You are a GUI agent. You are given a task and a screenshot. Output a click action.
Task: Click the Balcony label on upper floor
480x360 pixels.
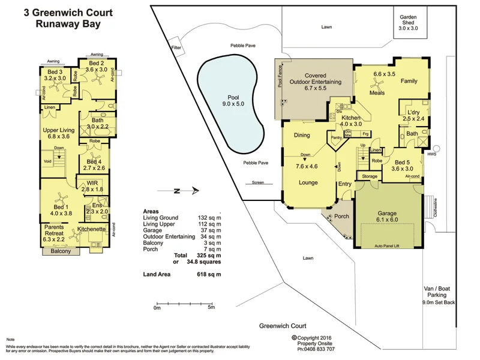point(60,251)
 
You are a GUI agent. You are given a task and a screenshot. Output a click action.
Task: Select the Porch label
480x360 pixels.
point(341,217)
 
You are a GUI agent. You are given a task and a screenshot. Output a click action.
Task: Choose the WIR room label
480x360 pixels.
point(92,182)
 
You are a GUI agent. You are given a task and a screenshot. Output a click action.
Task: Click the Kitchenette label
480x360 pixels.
point(92,230)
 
